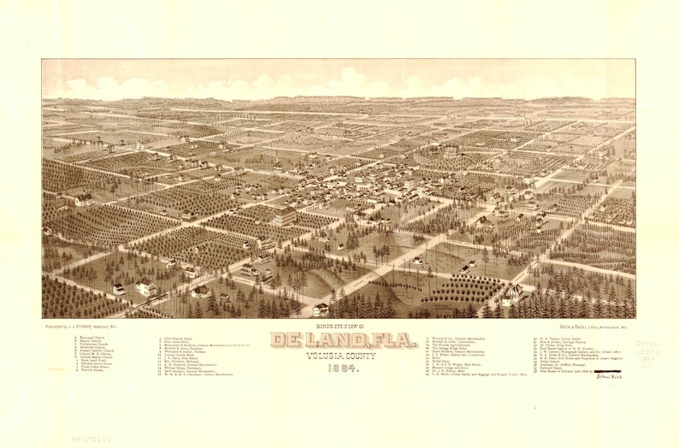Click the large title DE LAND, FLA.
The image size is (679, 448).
(343, 339)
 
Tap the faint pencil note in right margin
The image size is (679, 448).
(647, 349)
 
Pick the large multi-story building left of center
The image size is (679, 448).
(283, 217)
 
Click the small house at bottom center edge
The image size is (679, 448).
(321, 309)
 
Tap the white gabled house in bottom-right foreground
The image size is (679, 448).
(512, 295)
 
